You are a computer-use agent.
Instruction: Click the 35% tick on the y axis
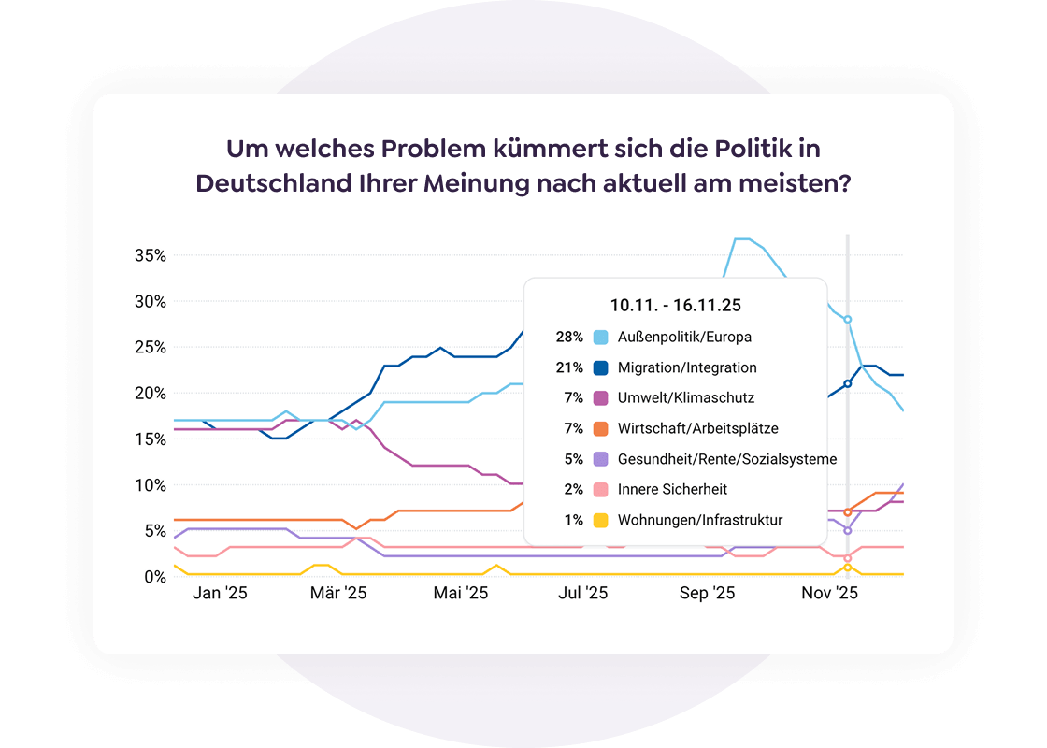pyautogui.click(x=150, y=255)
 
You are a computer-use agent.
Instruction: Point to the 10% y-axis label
pyautogui.click(x=150, y=485)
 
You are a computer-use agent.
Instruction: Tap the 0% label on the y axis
pyautogui.click(x=154, y=577)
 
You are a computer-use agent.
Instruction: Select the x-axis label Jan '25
pyautogui.click(x=221, y=593)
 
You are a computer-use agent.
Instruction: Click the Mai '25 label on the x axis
pyautogui.click(x=461, y=593)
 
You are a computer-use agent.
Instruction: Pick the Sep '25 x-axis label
pyautogui.click(x=707, y=593)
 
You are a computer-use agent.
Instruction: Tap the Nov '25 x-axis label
pyautogui.click(x=830, y=593)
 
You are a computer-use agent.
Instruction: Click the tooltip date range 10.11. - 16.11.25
pyautogui.click(x=676, y=305)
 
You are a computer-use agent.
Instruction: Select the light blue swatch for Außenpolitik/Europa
pyautogui.click(x=601, y=337)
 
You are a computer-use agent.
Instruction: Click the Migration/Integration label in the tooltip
pyautogui.click(x=687, y=367)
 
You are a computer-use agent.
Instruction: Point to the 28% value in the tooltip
pyautogui.click(x=569, y=337)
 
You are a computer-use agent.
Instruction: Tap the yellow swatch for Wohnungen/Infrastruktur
pyautogui.click(x=601, y=520)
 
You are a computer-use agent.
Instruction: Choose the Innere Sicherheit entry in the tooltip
pyautogui.click(x=672, y=489)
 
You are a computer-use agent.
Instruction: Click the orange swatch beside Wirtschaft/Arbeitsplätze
pyautogui.click(x=601, y=428)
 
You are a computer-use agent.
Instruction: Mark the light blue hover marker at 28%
pyautogui.click(x=848, y=320)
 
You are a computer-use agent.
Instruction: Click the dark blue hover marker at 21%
pyautogui.click(x=848, y=383)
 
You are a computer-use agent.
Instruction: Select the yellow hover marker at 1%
pyautogui.click(x=848, y=567)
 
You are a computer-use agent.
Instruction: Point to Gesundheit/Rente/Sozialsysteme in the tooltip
pyautogui.click(x=727, y=459)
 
